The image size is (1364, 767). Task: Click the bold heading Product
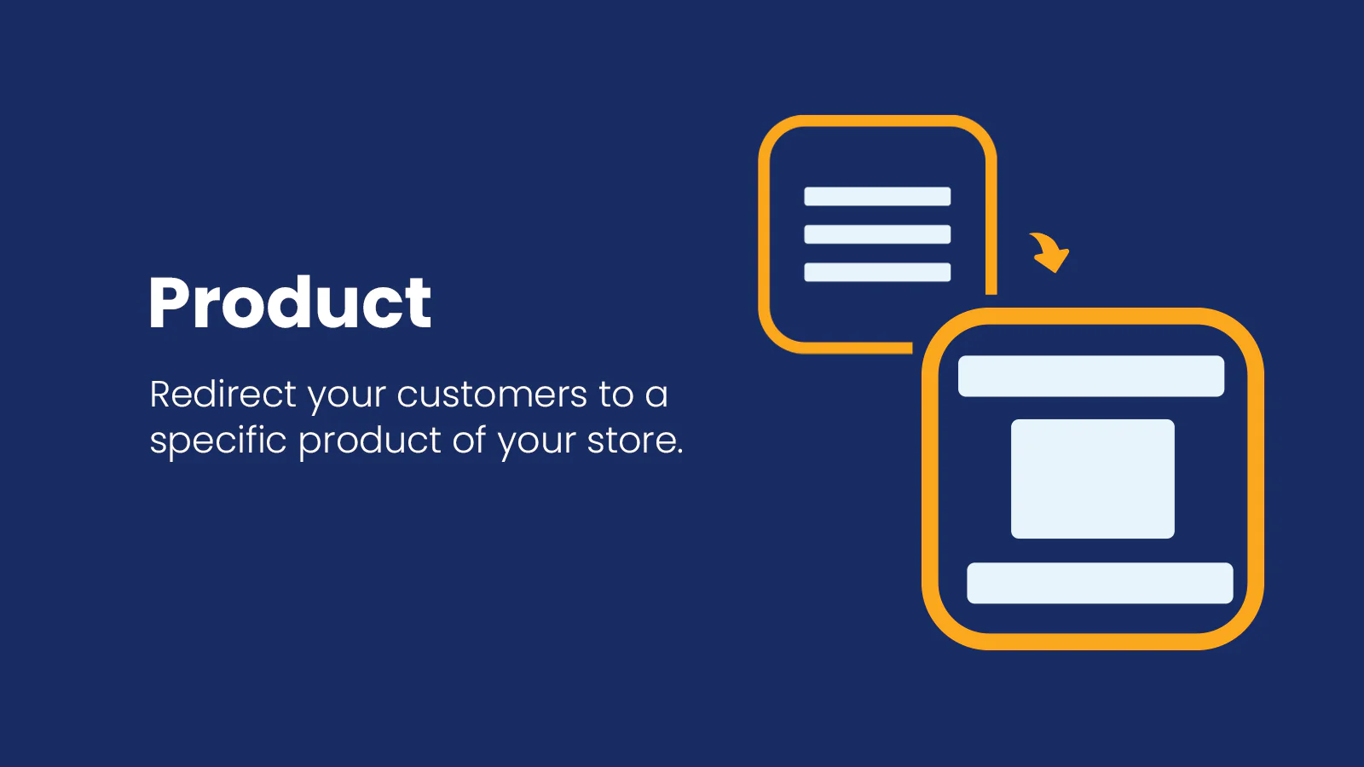[x=290, y=303]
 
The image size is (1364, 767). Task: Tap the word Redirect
[x=223, y=394]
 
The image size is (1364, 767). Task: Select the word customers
[x=492, y=395]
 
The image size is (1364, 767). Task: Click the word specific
[x=218, y=440]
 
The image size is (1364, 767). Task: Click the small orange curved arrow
[x=1049, y=252]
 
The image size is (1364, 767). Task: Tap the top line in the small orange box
[x=877, y=197]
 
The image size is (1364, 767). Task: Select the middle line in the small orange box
[x=877, y=234]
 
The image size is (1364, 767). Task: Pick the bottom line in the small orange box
[x=877, y=272]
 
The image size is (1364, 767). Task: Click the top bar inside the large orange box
[x=1091, y=376]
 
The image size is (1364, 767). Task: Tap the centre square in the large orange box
[x=1093, y=479]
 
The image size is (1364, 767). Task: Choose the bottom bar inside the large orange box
[x=1101, y=583]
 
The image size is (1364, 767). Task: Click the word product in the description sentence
[x=370, y=441]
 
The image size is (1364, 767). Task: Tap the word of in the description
[x=470, y=440]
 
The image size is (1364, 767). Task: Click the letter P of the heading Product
[x=166, y=303]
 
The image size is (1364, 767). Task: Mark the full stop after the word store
[x=679, y=452]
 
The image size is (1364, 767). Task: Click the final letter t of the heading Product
[x=419, y=305]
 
